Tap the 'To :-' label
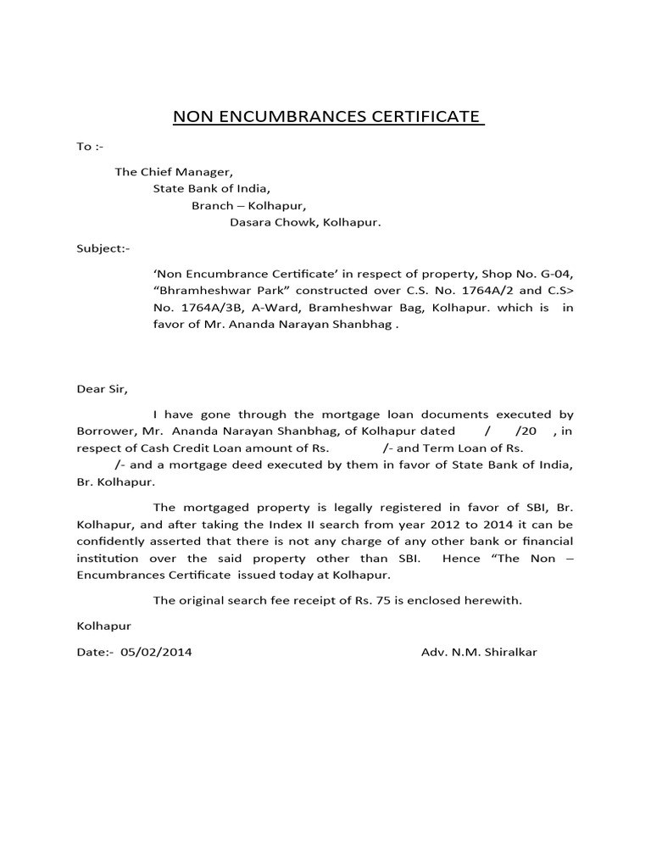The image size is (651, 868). pyautogui.click(x=89, y=146)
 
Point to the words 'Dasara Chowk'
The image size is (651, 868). pyautogui.click(x=269, y=223)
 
